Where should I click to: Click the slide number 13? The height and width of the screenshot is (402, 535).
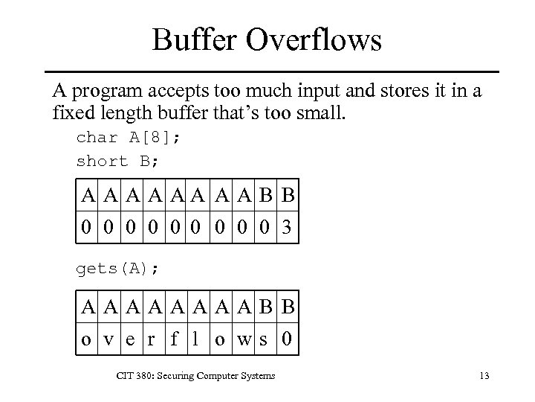484,376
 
